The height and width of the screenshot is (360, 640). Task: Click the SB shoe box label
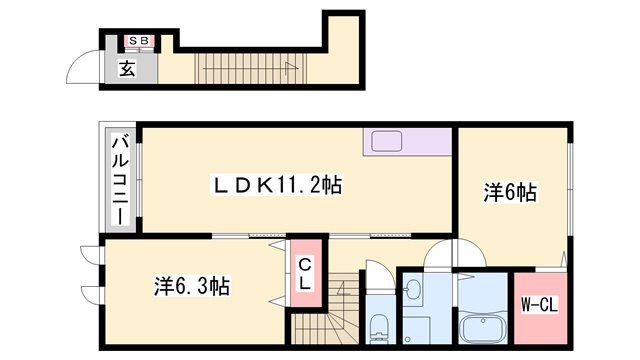(x=139, y=40)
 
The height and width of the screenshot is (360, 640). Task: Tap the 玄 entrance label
(x=127, y=68)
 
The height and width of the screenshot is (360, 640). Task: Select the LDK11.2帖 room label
(x=276, y=185)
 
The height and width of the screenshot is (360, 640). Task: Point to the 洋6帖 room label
(x=510, y=192)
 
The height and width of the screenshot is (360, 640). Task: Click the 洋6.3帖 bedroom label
(x=191, y=286)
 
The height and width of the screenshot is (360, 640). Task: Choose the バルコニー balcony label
(x=120, y=180)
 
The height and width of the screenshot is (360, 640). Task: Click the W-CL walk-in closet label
(x=540, y=304)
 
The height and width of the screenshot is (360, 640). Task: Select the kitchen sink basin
(x=386, y=141)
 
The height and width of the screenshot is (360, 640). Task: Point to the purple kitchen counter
(x=407, y=142)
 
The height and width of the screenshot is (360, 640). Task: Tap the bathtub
(x=483, y=330)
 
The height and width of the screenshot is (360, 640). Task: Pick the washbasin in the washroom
(x=413, y=288)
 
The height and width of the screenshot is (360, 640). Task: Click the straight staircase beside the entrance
(x=250, y=69)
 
